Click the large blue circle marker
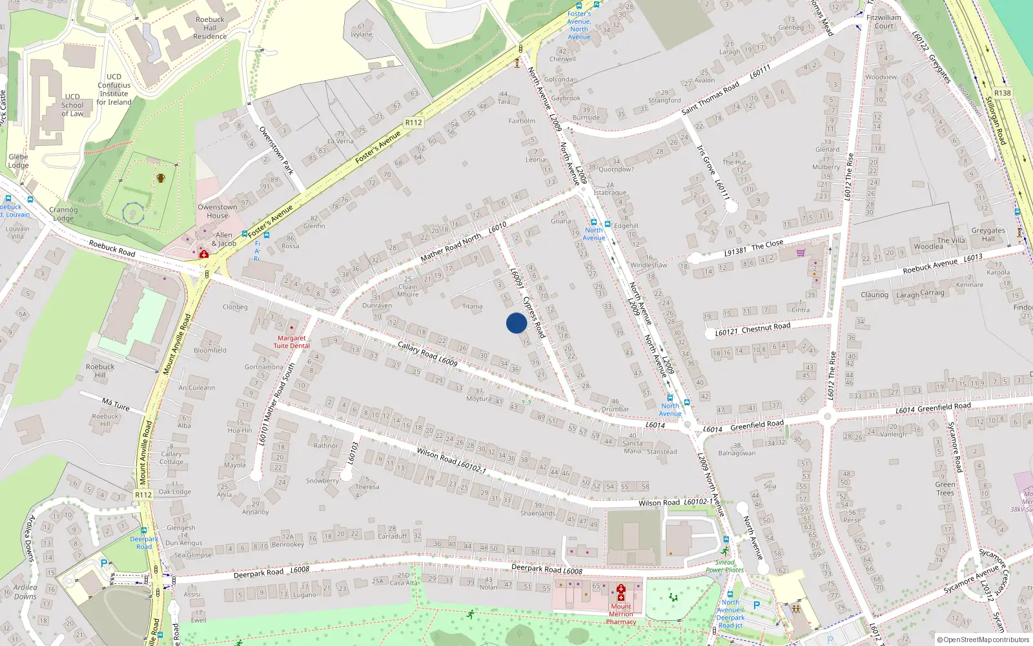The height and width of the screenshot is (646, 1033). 516,323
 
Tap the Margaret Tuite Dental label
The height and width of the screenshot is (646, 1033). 292,342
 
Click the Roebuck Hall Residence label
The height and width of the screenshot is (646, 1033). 210,28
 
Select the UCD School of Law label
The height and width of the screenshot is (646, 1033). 72,105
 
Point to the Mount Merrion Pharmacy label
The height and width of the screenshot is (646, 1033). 621,614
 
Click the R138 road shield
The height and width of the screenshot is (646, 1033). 1002,93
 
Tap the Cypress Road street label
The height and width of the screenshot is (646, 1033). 534,317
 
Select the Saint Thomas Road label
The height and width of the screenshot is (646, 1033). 710,99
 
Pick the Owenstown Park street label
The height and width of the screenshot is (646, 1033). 276,151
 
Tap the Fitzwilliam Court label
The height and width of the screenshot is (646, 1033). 884,22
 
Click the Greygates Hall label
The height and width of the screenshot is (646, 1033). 988,234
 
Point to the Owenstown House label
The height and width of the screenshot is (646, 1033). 218,211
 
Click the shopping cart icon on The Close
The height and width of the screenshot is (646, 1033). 801,253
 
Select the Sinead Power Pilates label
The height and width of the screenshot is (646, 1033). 724,566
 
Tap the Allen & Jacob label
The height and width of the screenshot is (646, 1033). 224,240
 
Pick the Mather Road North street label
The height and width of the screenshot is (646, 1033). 451,247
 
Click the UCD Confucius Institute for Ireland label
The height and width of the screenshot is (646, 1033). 114,89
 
